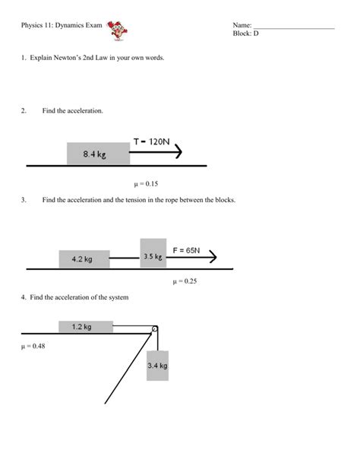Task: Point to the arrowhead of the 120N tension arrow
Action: (x=178, y=153)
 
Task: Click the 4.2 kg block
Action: (x=84, y=259)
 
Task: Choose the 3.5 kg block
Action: (x=153, y=255)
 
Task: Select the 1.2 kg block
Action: (x=85, y=327)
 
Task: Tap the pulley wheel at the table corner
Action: (x=154, y=329)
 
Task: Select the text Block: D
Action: (x=247, y=35)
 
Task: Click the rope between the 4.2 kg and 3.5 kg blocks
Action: (x=125, y=258)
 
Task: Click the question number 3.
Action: (x=24, y=200)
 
